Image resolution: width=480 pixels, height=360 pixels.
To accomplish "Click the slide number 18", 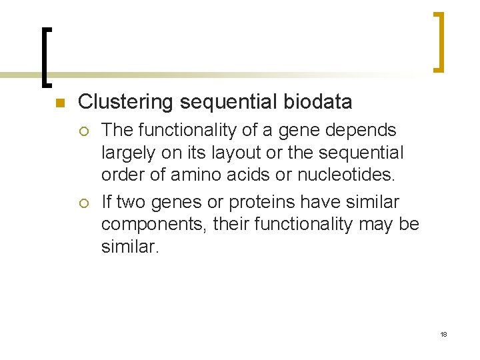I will click(443, 334).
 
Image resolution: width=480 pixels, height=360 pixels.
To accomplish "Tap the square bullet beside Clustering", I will click(59, 103).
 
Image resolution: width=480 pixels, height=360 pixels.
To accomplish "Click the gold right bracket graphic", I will click(439, 41).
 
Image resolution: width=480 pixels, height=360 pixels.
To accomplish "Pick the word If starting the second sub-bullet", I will click(107, 201).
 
